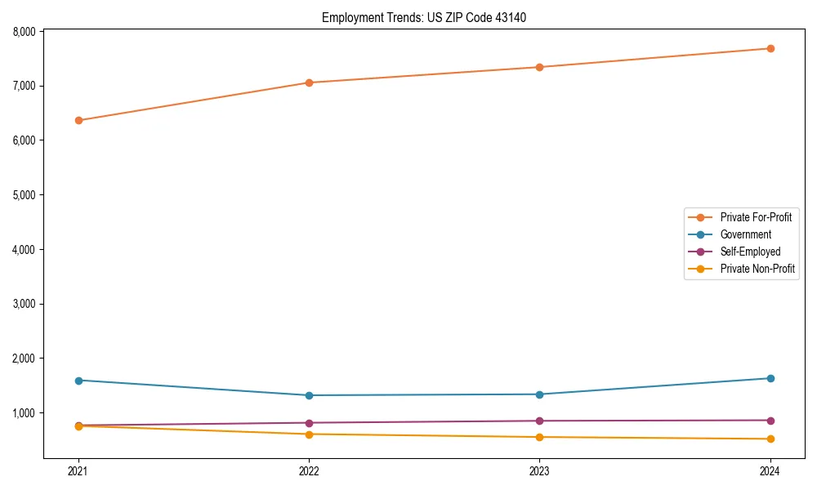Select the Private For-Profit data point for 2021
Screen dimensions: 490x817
click(78, 120)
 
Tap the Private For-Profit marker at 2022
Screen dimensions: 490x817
click(309, 82)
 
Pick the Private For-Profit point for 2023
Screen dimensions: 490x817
click(539, 67)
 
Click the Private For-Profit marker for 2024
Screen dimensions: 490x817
click(770, 48)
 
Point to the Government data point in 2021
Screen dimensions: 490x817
click(78, 381)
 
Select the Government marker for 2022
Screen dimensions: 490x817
click(309, 395)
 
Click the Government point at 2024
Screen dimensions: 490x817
click(770, 378)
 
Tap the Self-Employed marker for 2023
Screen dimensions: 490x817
click(539, 421)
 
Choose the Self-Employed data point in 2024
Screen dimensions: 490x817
click(770, 421)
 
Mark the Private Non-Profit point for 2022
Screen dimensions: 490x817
click(309, 434)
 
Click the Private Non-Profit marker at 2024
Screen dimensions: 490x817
click(770, 439)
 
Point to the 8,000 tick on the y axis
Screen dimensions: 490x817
click(22, 32)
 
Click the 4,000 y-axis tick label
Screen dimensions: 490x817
click(22, 249)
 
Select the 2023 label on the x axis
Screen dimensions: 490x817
click(539, 471)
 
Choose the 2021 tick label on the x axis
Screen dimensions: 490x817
click(78, 471)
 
